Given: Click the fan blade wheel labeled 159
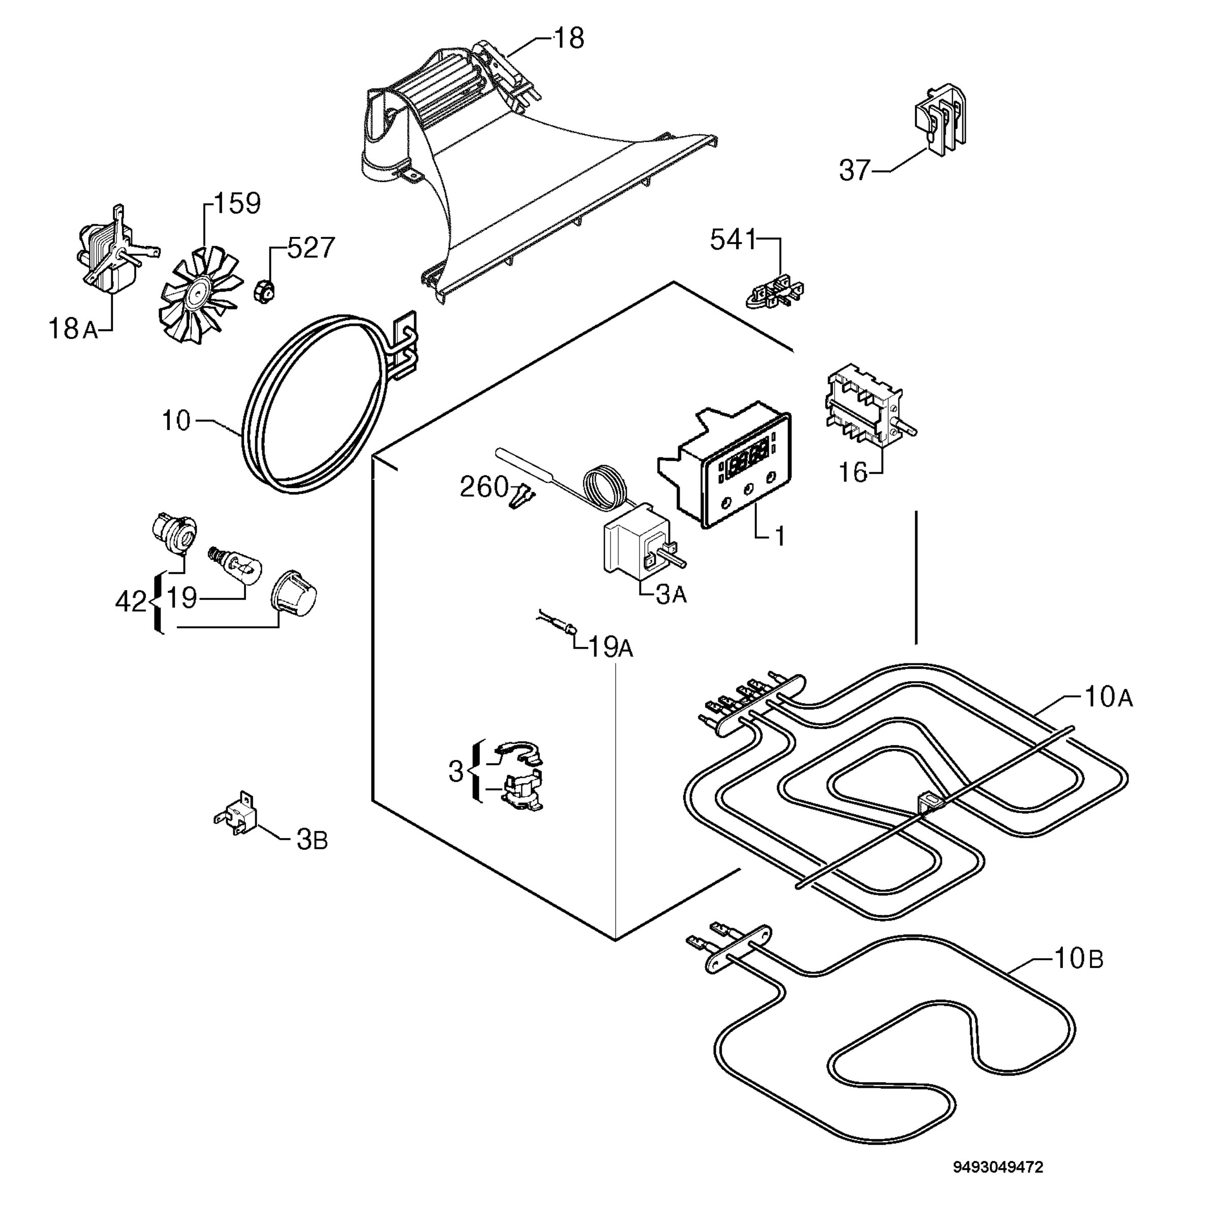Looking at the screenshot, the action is coord(201,294).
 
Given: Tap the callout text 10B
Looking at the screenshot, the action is coord(1079,959).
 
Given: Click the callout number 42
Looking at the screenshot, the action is coord(131,602).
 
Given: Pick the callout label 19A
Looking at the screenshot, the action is coord(611,647).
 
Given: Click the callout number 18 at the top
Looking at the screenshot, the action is coord(569,39).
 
